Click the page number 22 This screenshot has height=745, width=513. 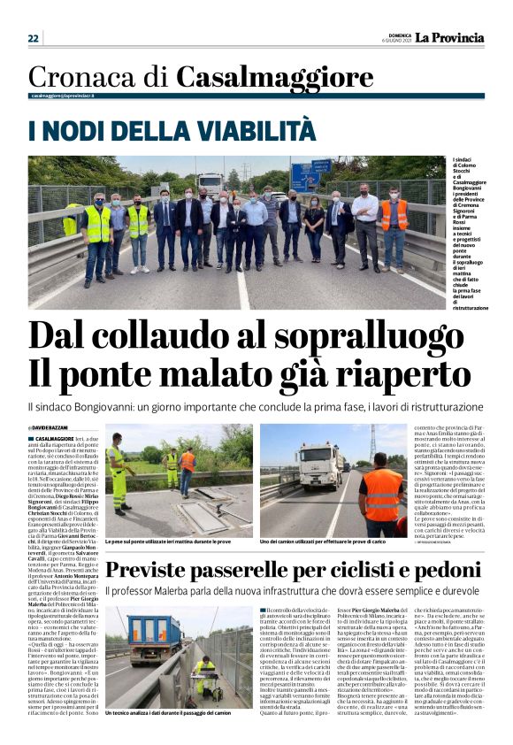(x=34, y=38)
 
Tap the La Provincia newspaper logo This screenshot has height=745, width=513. (x=450, y=37)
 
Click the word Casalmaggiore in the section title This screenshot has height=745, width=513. (x=274, y=77)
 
